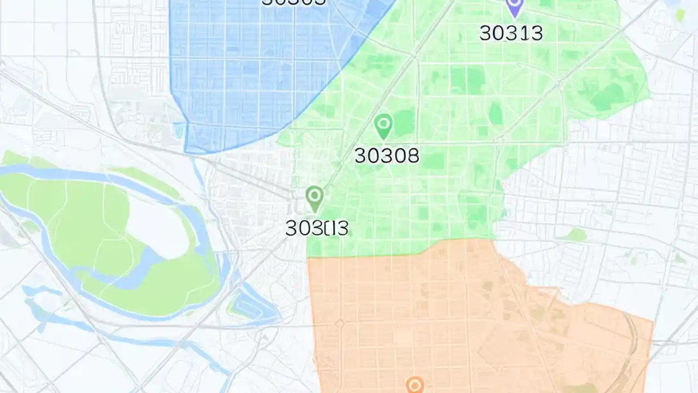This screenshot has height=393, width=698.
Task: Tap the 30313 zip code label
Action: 511,33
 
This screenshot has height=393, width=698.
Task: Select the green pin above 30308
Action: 383,126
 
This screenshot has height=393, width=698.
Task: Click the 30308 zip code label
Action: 387,156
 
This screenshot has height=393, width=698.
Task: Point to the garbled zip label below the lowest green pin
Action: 317,228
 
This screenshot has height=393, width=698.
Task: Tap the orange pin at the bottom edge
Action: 415,385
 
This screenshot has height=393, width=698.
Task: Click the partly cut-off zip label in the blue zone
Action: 294,2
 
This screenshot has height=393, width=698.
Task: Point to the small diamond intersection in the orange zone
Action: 340,324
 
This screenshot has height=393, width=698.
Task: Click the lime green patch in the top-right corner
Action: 680,15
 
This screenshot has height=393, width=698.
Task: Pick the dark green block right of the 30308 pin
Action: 404,123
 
